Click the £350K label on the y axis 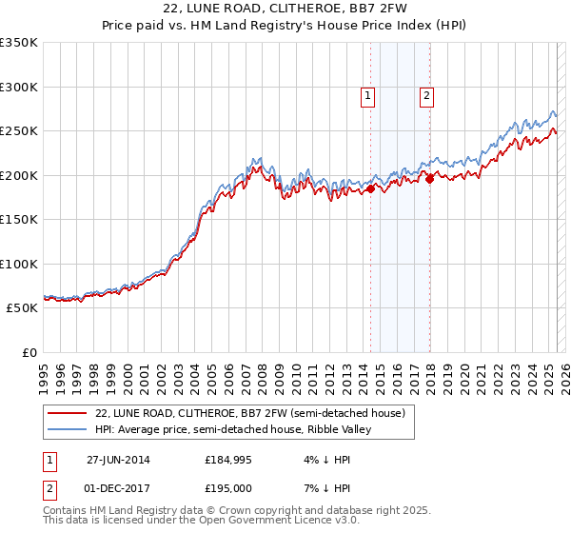19,43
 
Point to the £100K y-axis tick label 19,264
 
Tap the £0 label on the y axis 29,352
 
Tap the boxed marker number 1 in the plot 367,94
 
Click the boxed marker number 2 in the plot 426,94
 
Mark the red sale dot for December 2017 429,177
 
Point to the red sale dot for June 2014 370,188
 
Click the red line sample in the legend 69,413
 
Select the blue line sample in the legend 69,429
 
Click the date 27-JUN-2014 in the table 118,460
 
